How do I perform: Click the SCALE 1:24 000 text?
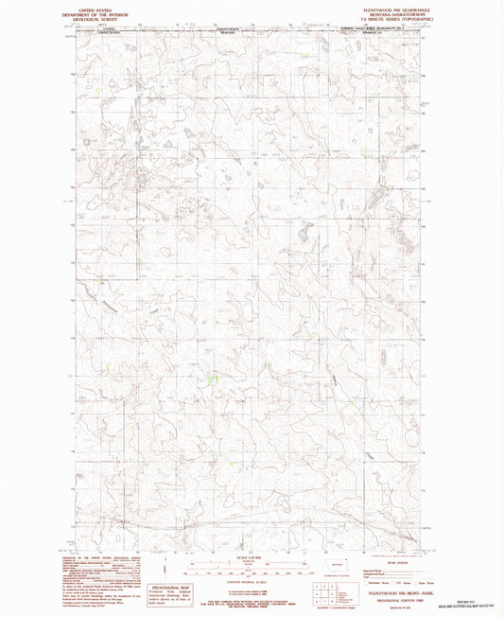pyautogui.click(x=244, y=554)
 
